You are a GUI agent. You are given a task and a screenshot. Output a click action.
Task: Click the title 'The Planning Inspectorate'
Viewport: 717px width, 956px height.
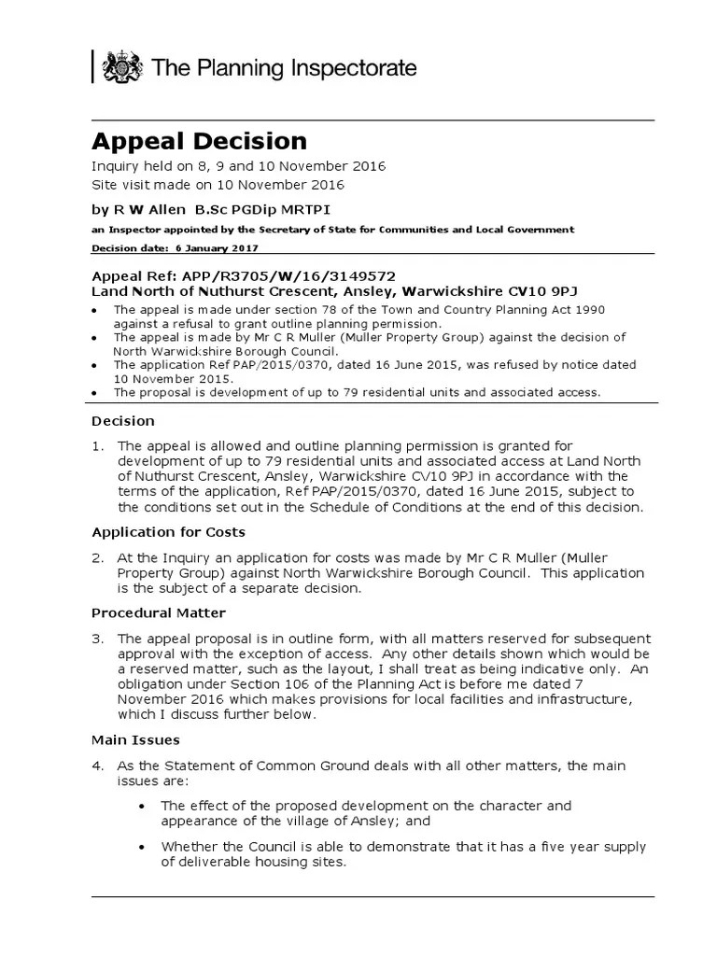pos(284,68)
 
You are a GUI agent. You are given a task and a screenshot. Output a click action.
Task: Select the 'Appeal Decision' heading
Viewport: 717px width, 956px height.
pos(198,141)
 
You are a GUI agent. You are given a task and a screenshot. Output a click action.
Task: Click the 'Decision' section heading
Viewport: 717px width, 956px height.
pos(122,420)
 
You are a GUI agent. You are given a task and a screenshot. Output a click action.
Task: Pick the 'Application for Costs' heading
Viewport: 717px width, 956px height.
pos(168,532)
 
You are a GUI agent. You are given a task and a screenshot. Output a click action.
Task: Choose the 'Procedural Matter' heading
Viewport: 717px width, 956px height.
pos(158,613)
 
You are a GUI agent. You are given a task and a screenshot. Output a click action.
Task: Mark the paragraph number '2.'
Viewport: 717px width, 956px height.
pos(97,557)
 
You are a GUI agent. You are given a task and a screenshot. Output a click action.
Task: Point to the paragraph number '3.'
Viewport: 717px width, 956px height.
pos(97,639)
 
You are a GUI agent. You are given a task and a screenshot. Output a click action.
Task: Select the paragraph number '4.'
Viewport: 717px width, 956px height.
pos(97,766)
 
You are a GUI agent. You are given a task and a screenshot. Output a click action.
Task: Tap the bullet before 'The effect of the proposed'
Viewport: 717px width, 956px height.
pos(141,806)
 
